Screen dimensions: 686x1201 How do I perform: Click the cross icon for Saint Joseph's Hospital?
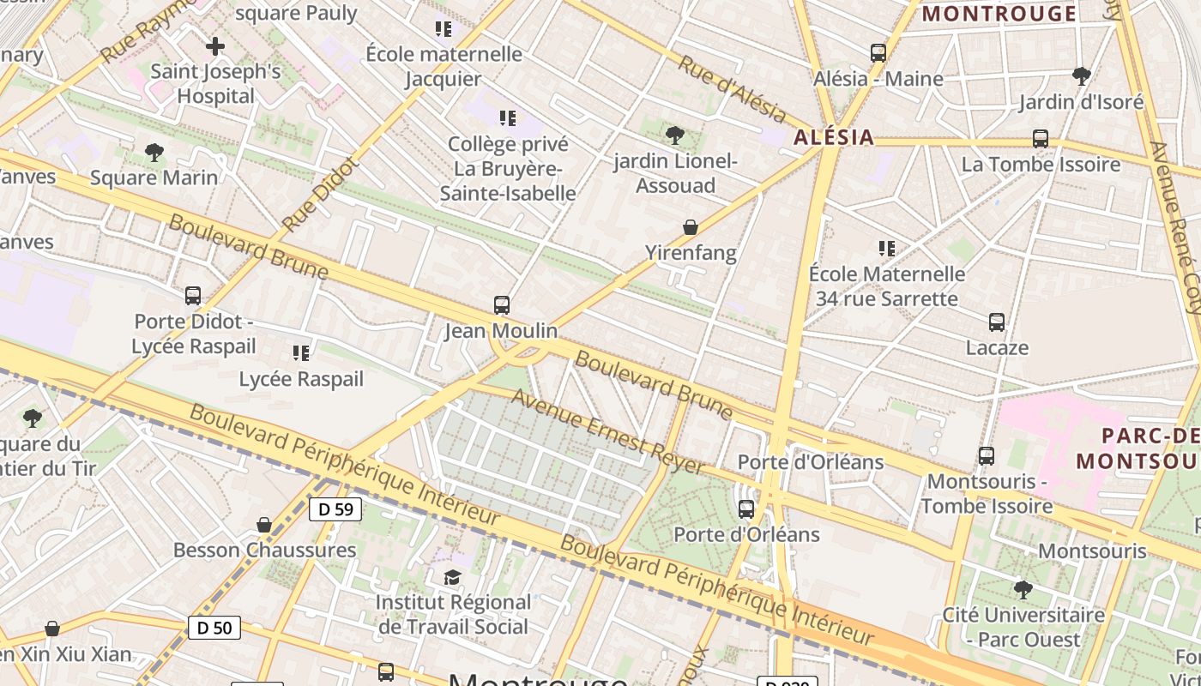coord(214,45)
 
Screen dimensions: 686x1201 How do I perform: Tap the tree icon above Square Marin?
coord(154,153)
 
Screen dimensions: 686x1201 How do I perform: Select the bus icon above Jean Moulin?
coord(502,304)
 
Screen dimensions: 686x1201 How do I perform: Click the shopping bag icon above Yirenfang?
coord(691,227)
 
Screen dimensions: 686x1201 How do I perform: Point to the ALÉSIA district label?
coord(833,137)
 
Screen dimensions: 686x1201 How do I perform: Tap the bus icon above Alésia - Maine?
coord(878,52)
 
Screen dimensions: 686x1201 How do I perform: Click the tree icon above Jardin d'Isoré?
coord(1081,75)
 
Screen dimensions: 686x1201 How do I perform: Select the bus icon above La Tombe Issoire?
coord(1041,138)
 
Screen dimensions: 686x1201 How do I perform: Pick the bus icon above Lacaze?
coord(996,322)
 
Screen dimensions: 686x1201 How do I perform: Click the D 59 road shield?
coord(335,509)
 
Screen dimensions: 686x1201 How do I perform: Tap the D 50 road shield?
coord(214,628)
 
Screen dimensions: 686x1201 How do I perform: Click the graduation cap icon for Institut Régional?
coord(452,577)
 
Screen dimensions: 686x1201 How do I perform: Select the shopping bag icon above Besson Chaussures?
coord(264,524)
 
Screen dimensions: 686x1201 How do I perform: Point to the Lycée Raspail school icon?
coord(300,352)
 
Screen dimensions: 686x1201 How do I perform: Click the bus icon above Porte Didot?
coord(193,296)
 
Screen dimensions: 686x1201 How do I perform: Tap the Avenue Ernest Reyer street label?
coord(608,432)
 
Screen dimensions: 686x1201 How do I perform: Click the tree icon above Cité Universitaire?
coord(1023,589)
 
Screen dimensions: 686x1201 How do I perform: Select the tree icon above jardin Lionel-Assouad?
coord(675,135)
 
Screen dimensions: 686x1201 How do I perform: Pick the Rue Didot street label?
coord(317,195)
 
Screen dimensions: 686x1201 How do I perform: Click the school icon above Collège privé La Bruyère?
coord(508,117)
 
